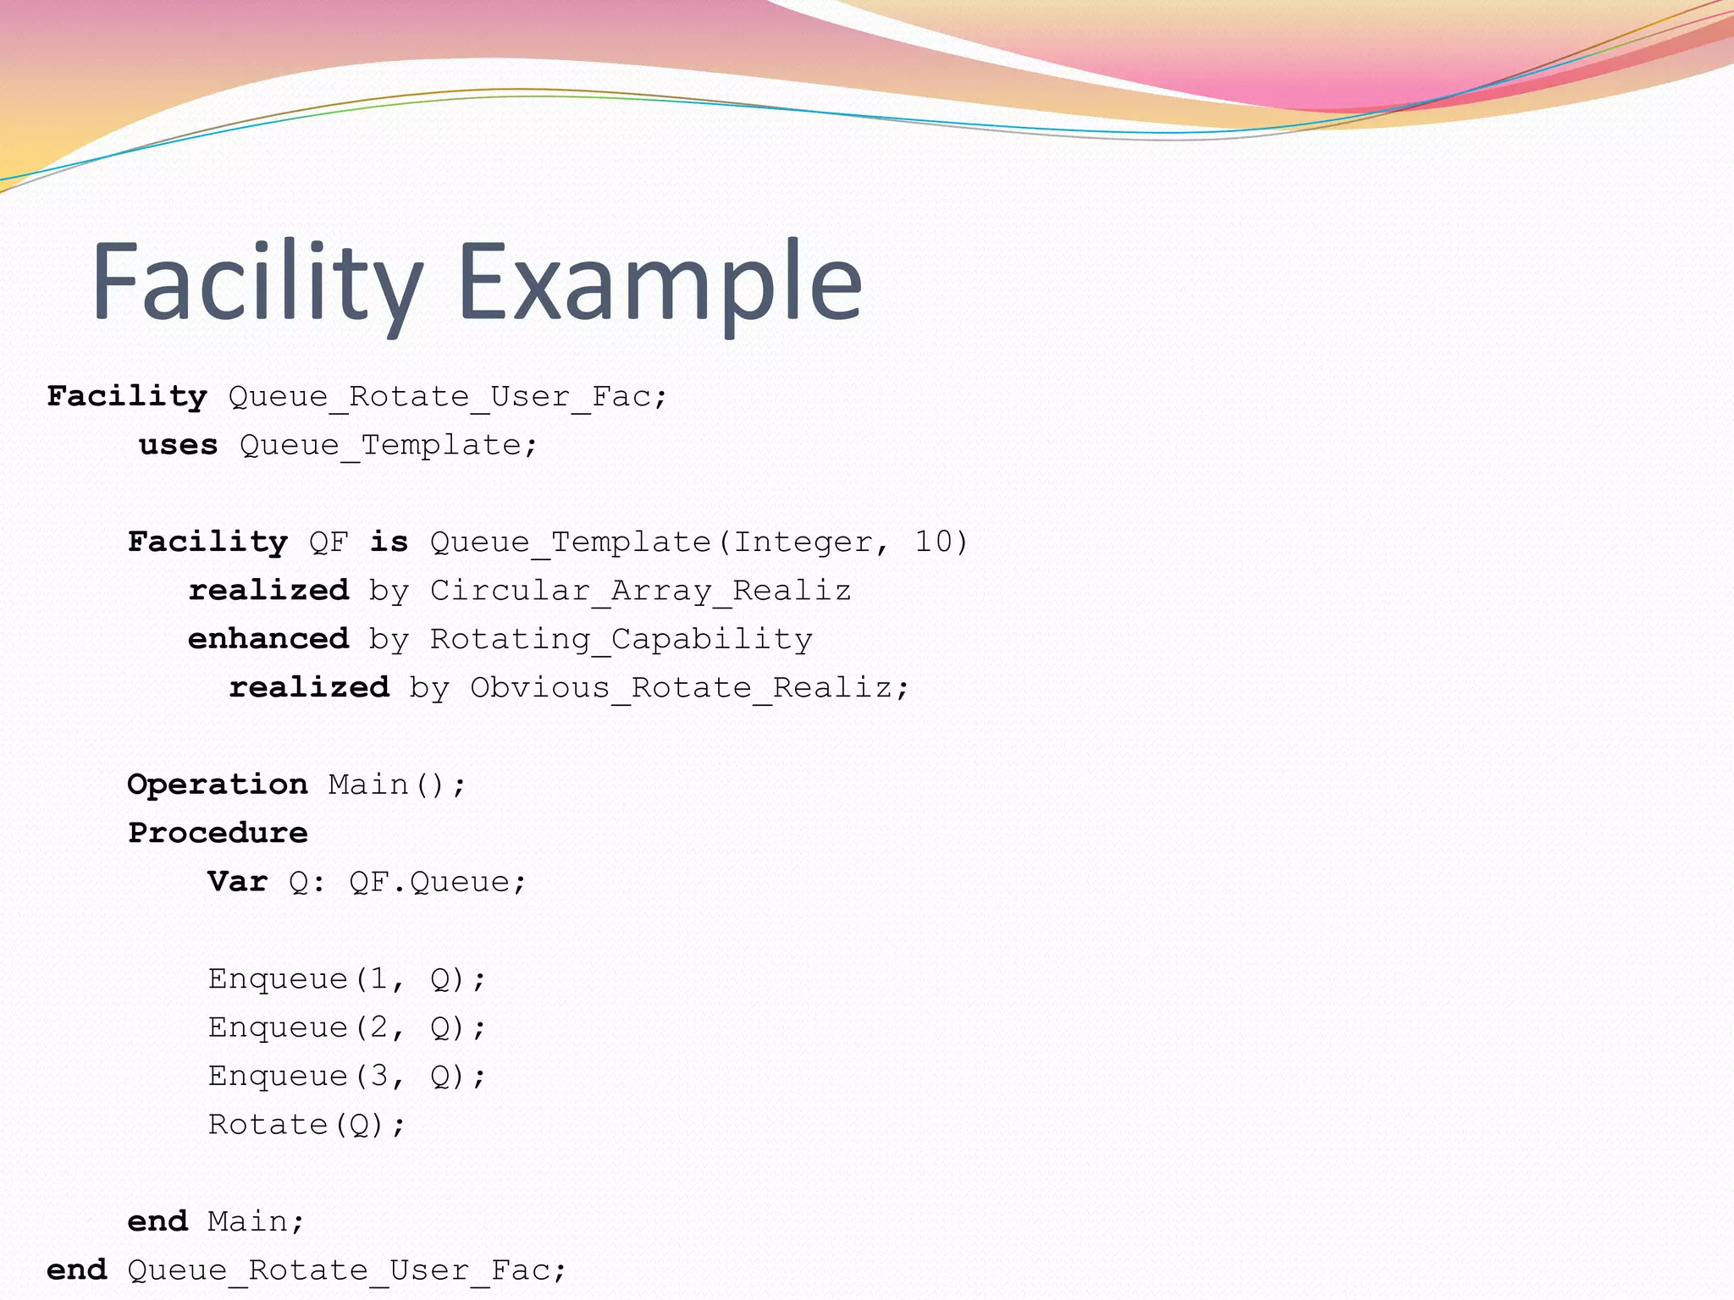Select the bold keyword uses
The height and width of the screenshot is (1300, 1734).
pos(179,444)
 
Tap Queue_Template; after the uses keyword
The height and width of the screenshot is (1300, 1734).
pos(389,444)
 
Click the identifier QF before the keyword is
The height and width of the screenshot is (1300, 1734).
pos(329,542)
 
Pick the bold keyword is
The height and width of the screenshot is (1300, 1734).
pos(389,542)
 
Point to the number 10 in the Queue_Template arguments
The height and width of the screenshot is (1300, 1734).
pos(934,542)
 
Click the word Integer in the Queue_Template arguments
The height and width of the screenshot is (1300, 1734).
pos(803,542)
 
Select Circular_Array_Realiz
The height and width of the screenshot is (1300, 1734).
pos(640,590)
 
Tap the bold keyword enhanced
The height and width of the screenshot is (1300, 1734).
pos(268,638)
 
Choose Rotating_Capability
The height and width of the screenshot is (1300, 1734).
pos(621,638)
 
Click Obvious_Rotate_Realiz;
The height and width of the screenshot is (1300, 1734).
pos(689,687)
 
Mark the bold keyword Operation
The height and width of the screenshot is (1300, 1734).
pos(218,785)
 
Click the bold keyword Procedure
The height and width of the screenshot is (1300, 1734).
pos(218,833)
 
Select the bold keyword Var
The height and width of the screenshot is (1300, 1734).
pos(238,882)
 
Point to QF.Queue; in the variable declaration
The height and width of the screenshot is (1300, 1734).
pos(438,882)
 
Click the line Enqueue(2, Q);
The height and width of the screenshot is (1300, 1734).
pos(347,1027)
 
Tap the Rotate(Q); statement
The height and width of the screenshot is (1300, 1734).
pos(307,1125)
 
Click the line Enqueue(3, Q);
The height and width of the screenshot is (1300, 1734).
pos(347,1076)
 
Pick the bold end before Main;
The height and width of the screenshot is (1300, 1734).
pos(157,1221)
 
